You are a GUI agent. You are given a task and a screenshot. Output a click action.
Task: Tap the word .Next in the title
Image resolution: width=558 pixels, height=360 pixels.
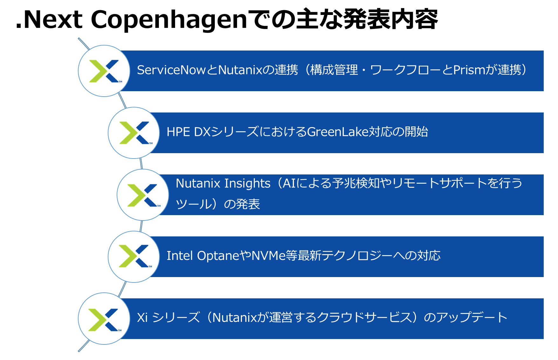pyautogui.click(x=49, y=20)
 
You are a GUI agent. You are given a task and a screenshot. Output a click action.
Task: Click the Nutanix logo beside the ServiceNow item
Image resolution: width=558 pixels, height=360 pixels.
pyautogui.click(x=104, y=71)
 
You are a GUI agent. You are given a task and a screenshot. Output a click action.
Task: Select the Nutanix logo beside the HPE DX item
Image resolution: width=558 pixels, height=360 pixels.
pyautogui.click(x=134, y=133)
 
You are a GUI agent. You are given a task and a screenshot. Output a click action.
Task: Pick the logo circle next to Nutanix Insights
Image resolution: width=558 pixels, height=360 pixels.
pyautogui.click(x=143, y=195)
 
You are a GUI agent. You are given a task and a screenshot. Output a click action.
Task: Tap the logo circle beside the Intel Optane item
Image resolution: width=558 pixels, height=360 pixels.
pyautogui.click(x=134, y=257)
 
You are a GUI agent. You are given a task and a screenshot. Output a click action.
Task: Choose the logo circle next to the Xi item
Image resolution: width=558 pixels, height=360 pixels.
pyautogui.click(x=104, y=319)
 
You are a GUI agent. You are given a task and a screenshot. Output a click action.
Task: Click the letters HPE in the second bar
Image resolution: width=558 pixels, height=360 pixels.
pyautogui.click(x=178, y=132)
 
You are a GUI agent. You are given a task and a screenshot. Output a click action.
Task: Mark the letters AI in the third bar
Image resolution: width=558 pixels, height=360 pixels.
pyautogui.click(x=289, y=184)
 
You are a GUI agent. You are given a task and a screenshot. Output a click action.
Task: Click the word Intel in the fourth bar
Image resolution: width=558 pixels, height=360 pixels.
pyautogui.click(x=180, y=256)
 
